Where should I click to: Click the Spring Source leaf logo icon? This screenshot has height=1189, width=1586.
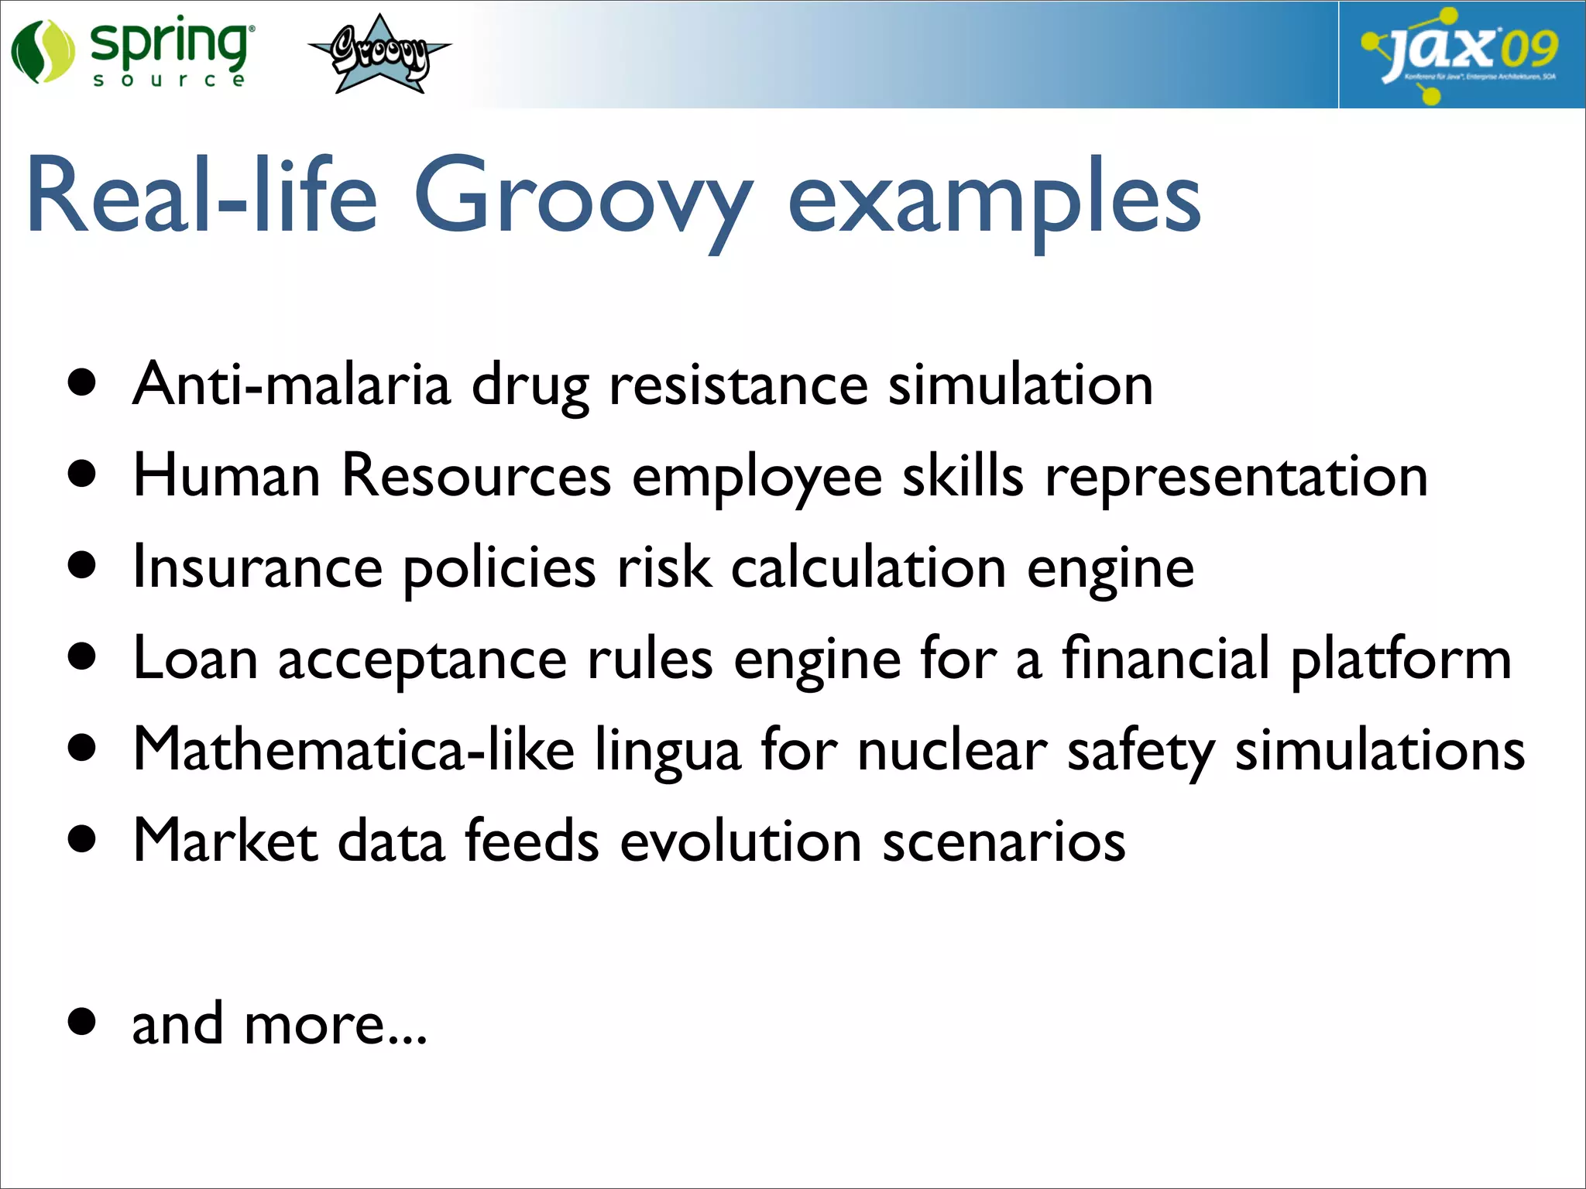pyautogui.click(x=42, y=51)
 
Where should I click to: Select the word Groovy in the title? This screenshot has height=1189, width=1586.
pyautogui.click(x=582, y=197)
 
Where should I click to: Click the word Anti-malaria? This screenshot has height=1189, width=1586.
pyautogui.click(x=291, y=384)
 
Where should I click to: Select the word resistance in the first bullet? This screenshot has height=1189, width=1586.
pyautogui.click(x=738, y=385)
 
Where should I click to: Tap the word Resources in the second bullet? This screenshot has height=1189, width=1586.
pyautogui.click(x=476, y=475)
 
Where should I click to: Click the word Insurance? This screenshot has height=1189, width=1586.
pyautogui.click(x=258, y=567)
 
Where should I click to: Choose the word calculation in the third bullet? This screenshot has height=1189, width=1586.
pyautogui.click(x=868, y=567)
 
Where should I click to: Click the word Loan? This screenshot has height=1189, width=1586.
pyautogui.click(x=195, y=659)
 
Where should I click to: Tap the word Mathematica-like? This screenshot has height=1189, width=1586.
pyautogui.click(x=354, y=749)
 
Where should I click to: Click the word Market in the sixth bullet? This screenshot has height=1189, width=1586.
pyautogui.click(x=225, y=841)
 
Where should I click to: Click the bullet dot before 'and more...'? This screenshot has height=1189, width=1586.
pyautogui.click(x=82, y=1021)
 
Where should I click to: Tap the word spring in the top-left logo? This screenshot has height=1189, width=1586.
pyautogui.click(x=170, y=43)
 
